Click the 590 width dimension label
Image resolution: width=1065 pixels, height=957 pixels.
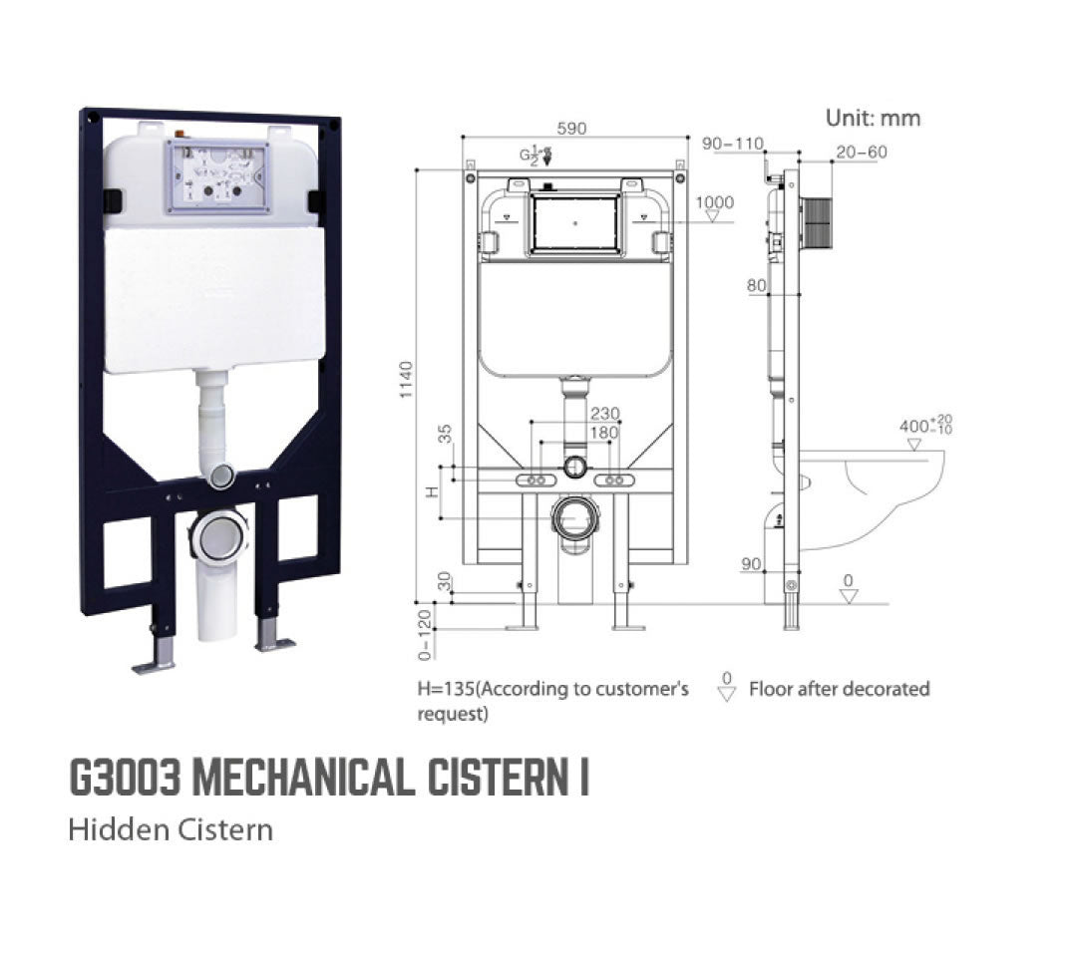[x=571, y=129]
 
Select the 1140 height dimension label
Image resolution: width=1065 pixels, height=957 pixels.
[x=406, y=380]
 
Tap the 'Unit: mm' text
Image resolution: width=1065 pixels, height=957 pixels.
[x=873, y=118]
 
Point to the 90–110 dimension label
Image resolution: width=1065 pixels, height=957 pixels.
[x=732, y=144]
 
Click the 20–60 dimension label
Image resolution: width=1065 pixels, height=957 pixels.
[x=862, y=152]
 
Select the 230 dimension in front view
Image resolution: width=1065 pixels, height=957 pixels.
[x=604, y=414]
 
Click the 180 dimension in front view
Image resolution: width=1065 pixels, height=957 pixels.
[x=604, y=433]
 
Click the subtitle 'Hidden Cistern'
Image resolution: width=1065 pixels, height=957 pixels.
[x=171, y=829]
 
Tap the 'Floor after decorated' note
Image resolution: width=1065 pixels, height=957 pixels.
[x=839, y=689]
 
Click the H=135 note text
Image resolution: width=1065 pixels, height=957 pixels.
[x=552, y=689]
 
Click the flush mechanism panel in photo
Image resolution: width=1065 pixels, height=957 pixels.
[x=217, y=176]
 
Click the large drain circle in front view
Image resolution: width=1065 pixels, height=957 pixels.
[x=575, y=517]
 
